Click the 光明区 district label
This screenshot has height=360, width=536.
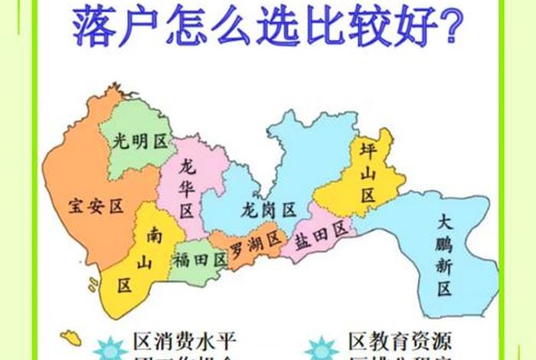pyautogui.click(x=140, y=141)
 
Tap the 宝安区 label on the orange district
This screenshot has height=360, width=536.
pyautogui.click(x=96, y=205)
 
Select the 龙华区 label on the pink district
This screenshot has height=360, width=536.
pyautogui.click(x=187, y=187)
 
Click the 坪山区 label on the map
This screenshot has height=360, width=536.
pyautogui.click(x=368, y=173)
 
